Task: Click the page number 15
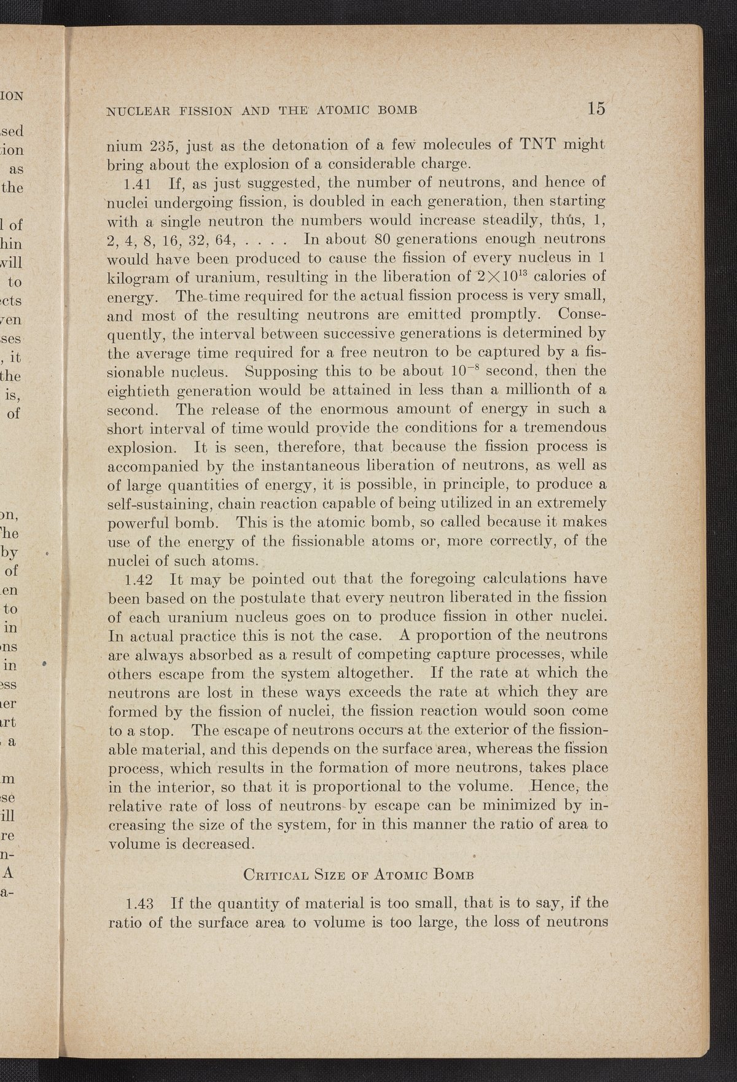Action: (x=596, y=108)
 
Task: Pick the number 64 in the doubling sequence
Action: (x=219, y=239)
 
